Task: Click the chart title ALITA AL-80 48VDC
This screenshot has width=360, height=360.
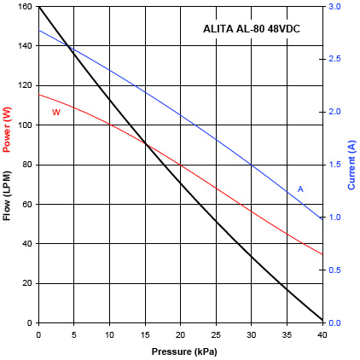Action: [x=251, y=29]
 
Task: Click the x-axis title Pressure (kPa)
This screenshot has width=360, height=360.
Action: [x=180, y=351]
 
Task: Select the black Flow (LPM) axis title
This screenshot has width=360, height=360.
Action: [x=8, y=199]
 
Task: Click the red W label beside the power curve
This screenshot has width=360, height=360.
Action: [x=56, y=112]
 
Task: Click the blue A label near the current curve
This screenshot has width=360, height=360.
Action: [x=300, y=189]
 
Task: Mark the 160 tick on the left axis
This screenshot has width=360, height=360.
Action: [x=25, y=7]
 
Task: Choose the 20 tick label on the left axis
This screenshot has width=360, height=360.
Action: [x=27, y=283]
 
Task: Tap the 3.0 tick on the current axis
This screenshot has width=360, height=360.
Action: [x=335, y=7]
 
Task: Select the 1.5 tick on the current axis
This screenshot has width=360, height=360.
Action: [x=335, y=165]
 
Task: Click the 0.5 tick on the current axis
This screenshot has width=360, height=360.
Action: [x=335, y=270]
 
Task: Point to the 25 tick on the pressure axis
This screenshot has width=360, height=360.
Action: [x=216, y=334]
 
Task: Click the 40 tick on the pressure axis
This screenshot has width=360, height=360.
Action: [x=322, y=334]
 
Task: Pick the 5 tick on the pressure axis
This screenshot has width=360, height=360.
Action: [x=74, y=334]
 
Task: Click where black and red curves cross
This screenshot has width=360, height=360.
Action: [x=147, y=143]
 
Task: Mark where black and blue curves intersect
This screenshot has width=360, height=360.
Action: [x=70, y=48]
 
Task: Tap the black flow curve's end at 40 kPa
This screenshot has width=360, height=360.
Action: [x=322, y=321]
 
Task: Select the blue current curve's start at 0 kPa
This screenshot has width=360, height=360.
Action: [x=38, y=31]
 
